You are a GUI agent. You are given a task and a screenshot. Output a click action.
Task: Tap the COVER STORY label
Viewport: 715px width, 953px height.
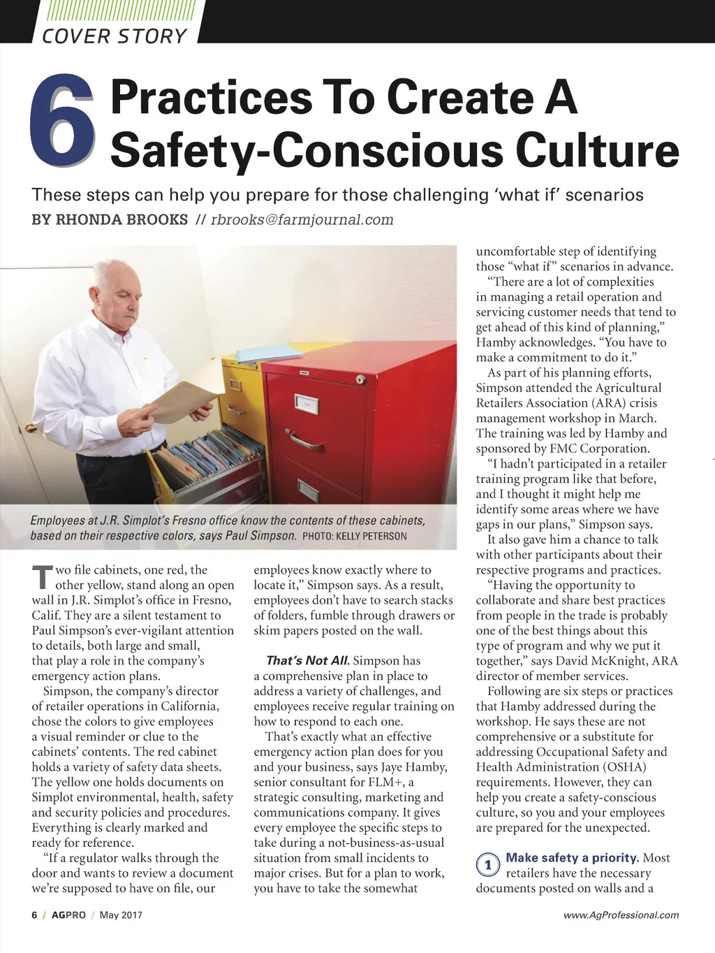[x=115, y=36]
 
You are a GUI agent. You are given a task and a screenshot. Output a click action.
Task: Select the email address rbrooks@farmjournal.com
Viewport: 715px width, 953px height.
[x=302, y=220]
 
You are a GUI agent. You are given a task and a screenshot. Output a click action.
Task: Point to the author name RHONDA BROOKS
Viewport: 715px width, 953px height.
[x=121, y=220]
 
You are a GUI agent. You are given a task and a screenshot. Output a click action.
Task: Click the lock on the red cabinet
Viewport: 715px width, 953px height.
[x=360, y=379]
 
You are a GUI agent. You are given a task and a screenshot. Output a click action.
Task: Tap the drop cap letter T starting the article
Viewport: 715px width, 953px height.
[x=41, y=577]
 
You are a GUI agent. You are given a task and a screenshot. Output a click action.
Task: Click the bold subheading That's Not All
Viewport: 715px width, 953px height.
[x=307, y=661]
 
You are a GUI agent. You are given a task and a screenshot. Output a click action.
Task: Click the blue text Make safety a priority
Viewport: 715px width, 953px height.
[x=573, y=858]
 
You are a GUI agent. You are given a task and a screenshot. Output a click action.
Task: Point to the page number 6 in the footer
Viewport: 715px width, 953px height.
[x=34, y=915]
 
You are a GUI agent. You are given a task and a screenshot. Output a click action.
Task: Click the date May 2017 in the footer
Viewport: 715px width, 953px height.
[x=121, y=915]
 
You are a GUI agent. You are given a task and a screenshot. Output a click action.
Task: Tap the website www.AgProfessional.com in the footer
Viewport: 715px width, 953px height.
[x=621, y=915]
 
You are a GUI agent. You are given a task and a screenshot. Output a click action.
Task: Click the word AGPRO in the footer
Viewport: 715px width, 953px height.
[x=68, y=915]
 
